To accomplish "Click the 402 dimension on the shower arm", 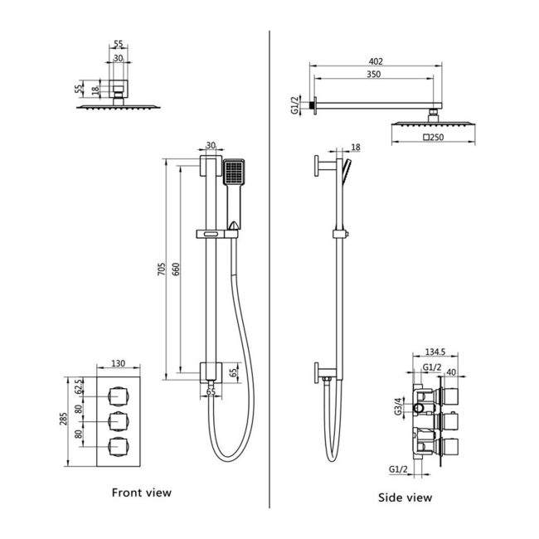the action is pyautogui.click(x=376, y=61).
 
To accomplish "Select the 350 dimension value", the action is pyautogui.click(x=374, y=75).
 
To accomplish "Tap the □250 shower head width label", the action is pyautogui.click(x=433, y=137).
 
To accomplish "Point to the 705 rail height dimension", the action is pyautogui.click(x=161, y=269).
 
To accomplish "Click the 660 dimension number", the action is pyautogui.click(x=176, y=269).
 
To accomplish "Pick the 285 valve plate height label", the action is pyautogui.click(x=64, y=419).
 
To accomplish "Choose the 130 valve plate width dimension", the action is pyautogui.click(x=119, y=363).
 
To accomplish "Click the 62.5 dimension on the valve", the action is pyautogui.click(x=79, y=386).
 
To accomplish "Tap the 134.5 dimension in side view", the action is pyautogui.click(x=435, y=352).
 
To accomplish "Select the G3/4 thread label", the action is pyautogui.click(x=398, y=406).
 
